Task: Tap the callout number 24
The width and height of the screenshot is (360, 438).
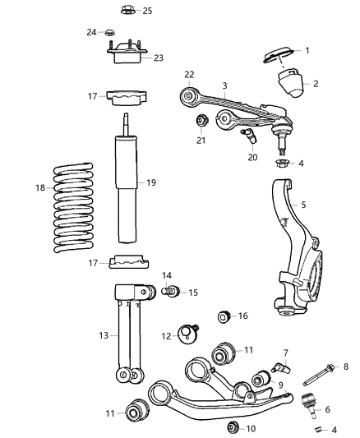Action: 92,32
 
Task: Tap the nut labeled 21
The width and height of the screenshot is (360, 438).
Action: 201,122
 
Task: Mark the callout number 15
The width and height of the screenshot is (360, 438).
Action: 193,293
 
